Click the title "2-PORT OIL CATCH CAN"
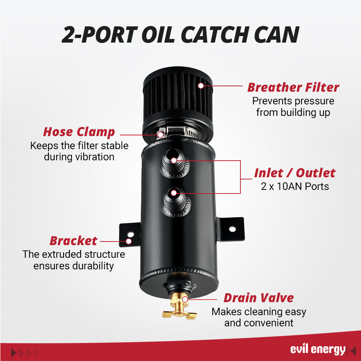click(x=180, y=35)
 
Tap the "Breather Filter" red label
click(x=293, y=87)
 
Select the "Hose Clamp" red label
click(x=79, y=132)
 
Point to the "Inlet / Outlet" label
click(x=295, y=173)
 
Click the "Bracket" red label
click(x=73, y=241)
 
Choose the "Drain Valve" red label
click(x=258, y=298)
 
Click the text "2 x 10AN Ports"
click(x=295, y=187)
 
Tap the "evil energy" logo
click(x=318, y=349)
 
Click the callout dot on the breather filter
click(x=201, y=86)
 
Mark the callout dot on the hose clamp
click(x=161, y=135)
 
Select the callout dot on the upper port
click(x=174, y=161)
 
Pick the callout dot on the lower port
click(x=174, y=193)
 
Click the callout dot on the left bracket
click(x=129, y=241)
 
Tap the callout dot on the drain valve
click(x=185, y=300)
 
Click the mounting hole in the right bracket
click(x=232, y=229)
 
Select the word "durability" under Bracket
click(x=93, y=266)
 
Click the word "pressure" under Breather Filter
click(x=314, y=101)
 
